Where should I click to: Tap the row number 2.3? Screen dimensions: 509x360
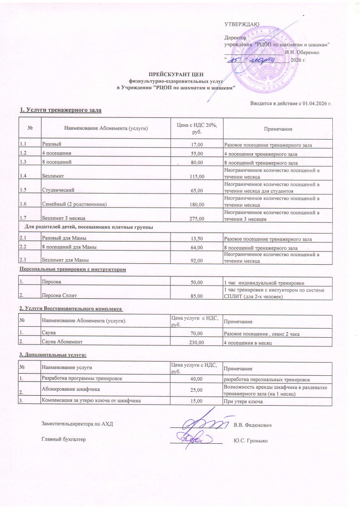(24, 260)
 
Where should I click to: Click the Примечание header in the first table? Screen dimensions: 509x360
(278, 130)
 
